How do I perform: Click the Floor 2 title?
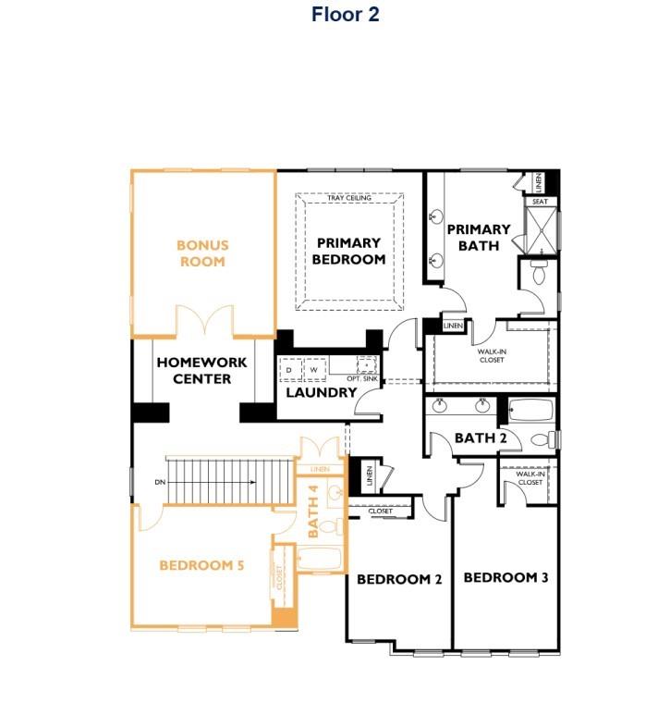(345, 15)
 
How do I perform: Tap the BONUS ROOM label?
(202, 253)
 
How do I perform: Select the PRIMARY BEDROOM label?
(348, 252)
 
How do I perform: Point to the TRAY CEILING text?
(348, 198)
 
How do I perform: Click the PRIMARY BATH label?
(479, 237)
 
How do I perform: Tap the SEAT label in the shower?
(540, 201)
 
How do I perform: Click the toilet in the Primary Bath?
(539, 271)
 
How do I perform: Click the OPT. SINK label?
(360, 379)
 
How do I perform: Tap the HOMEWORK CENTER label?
(201, 370)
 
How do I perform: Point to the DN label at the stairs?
(160, 482)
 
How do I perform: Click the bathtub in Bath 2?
(530, 410)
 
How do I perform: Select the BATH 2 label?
(481, 437)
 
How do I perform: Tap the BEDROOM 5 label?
(201, 565)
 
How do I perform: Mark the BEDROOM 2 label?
(399, 579)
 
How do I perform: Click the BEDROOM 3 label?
(506, 577)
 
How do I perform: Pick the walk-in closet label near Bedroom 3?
(530, 478)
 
